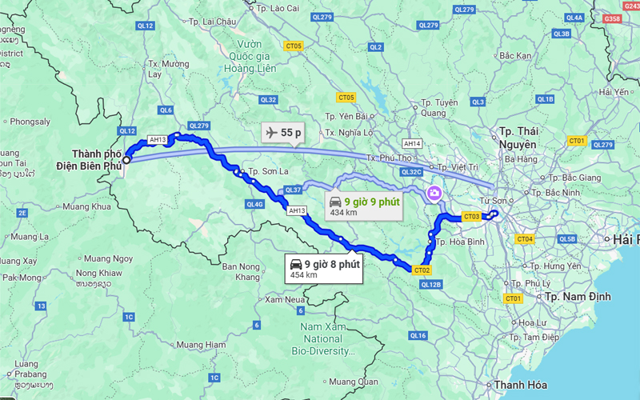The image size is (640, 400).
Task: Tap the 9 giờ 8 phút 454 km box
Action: (x=324, y=268)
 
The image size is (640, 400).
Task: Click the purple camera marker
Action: (x=434, y=193)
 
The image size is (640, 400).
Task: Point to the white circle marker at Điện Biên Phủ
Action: (x=126, y=159)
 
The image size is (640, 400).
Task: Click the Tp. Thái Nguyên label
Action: (x=517, y=138)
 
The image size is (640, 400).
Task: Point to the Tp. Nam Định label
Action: (x=578, y=297)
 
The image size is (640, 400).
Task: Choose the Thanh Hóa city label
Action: (x=520, y=386)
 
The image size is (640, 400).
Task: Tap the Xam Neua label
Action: (x=286, y=298)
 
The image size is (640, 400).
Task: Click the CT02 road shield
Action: (x=422, y=270)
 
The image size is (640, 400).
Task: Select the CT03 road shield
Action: (x=471, y=216)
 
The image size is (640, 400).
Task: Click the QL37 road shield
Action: (x=292, y=190)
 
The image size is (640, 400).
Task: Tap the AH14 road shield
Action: (x=412, y=143)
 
